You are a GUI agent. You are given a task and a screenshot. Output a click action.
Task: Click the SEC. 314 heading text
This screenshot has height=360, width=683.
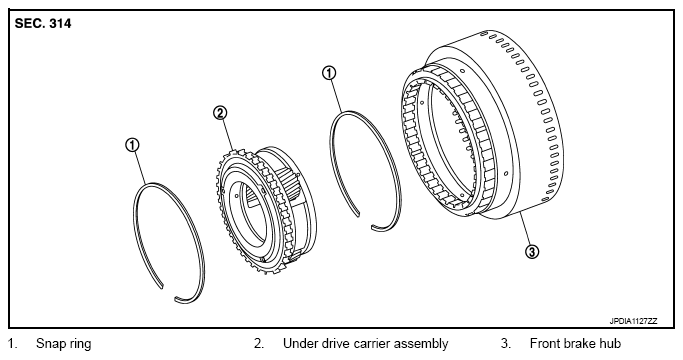coord(43,24)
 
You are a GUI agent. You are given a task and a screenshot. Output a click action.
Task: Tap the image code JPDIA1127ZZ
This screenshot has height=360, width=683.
coord(633,321)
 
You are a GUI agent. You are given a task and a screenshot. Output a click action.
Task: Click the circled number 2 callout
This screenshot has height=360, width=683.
coord(220,113)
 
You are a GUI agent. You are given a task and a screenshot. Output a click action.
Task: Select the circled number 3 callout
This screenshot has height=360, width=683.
coord(532,251)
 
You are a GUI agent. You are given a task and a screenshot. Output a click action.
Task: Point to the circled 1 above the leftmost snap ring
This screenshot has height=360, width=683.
coord(132,145)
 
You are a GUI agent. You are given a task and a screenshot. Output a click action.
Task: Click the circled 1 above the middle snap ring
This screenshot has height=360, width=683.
coord(329,73)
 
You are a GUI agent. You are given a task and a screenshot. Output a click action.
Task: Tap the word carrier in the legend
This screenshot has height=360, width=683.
coord(370,344)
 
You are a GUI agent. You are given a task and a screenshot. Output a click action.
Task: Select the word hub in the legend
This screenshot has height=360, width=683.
coord(609,343)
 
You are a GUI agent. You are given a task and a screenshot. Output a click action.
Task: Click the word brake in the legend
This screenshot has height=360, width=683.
coord(578,343)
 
